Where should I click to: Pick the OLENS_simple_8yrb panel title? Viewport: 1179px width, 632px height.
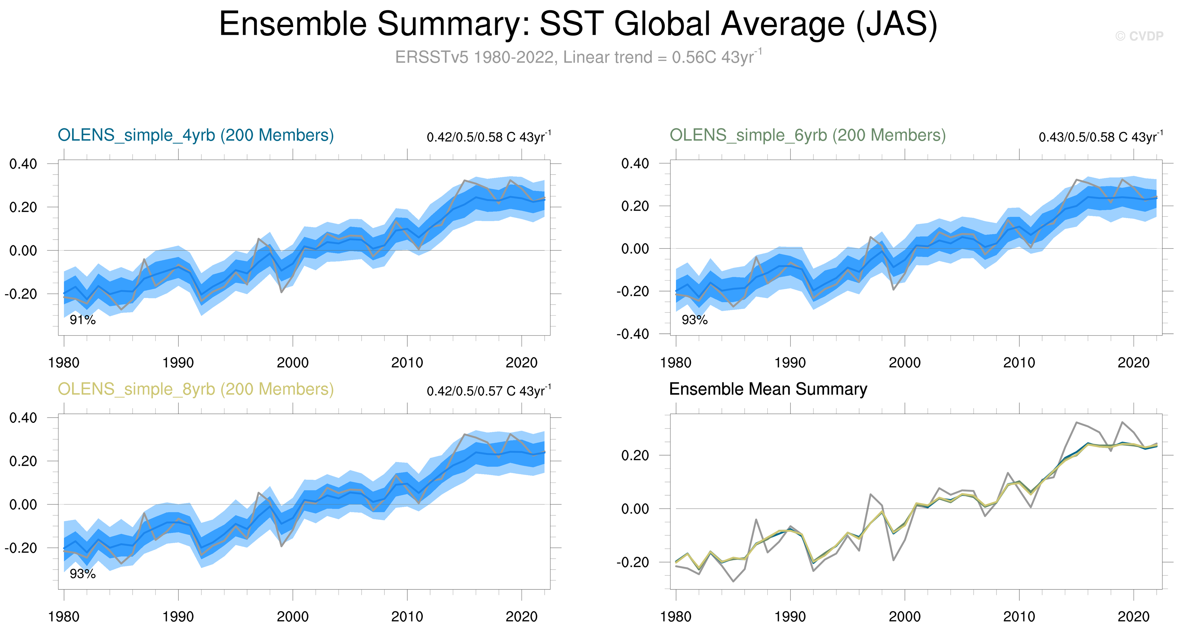tap(196, 389)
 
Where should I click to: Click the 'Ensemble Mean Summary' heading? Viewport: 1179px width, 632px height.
tap(768, 389)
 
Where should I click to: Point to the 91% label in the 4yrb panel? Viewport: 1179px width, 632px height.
tap(82, 320)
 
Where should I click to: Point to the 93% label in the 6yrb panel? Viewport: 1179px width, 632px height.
tap(694, 320)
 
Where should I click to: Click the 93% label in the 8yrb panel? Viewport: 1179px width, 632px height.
tap(82, 574)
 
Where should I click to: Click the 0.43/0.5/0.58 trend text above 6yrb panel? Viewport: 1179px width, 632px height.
tap(1100, 137)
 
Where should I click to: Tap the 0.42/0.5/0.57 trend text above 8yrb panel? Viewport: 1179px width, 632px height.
tap(488, 391)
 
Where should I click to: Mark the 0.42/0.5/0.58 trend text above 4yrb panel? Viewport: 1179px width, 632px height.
tap(488, 137)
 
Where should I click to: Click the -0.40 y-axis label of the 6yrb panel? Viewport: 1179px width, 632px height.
tap(633, 334)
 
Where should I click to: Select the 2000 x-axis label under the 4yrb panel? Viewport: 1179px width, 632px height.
tap(292, 363)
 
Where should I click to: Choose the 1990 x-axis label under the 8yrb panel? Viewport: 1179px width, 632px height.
tap(178, 617)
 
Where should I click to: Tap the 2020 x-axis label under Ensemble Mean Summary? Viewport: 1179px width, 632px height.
tap(1133, 617)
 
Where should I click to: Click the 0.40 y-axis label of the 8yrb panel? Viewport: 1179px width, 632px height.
tap(23, 417)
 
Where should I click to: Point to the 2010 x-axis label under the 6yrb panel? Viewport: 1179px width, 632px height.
tap(1019, 363)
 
